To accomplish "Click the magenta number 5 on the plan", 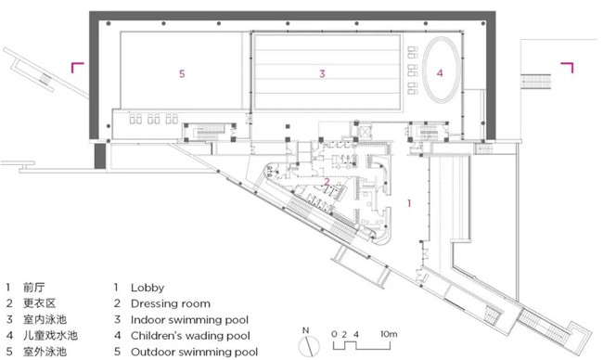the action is tap(182, 73).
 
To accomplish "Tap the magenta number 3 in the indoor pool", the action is tap(322, 73).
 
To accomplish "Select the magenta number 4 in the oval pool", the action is tap(440, 72).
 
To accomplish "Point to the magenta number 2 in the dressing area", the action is tap(327, 182).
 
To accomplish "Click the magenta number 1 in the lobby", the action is tap(409, 203).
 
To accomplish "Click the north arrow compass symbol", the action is tap(309, 346).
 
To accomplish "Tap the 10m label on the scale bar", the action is tap(389, 334).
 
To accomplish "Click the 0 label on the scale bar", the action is tap(334, 334).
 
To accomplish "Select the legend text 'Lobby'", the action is tap(148, 288).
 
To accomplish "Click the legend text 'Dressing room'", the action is tap(171, 303).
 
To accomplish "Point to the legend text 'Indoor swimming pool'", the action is tap(189, 320).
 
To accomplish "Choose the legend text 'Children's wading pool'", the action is tap(190, 336).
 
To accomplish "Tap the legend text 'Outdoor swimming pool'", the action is tap(194, 352).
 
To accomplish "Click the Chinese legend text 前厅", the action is tap(33, 288).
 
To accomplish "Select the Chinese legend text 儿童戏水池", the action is tap(50, 335).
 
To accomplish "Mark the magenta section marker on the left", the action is tap(77, 68).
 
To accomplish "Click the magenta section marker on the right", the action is tap(567, 68).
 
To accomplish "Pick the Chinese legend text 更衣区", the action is tap(39, 303).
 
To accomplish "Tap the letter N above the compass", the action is tap(306, 330).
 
